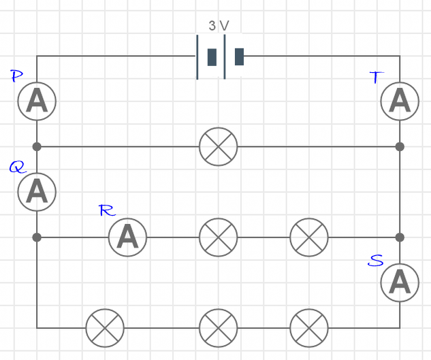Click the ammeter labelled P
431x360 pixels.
pyautogui.click(x=37, y=101)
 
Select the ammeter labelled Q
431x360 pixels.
pyautogui.click(x=37, y=191)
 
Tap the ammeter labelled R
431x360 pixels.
pyautogui.click(x=127, y=237)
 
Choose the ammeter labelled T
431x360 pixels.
pyautogui.click(x=400, y=101)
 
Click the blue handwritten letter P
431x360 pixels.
pyautogui.click(x=18, y=76)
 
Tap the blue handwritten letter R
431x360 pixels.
pyautogui.click(x=107, y=210)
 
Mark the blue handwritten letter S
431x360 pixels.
pyautogui.click(x=375, y=260)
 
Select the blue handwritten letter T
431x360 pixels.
pyautogui.click(x=376, y=77)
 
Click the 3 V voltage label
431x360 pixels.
pyautogui.click(x=219, y=26)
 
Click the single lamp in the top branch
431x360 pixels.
pyautogui.click(x=219, y=146)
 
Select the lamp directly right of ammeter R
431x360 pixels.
pyautogui.click(x=219, y=237)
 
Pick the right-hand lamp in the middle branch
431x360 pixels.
pyautogui.click(x=309, y=237)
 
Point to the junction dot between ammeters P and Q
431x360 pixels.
pyautogui.click(x=37, y=146)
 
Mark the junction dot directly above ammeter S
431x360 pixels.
pyautogui.click(x=400, y=237)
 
